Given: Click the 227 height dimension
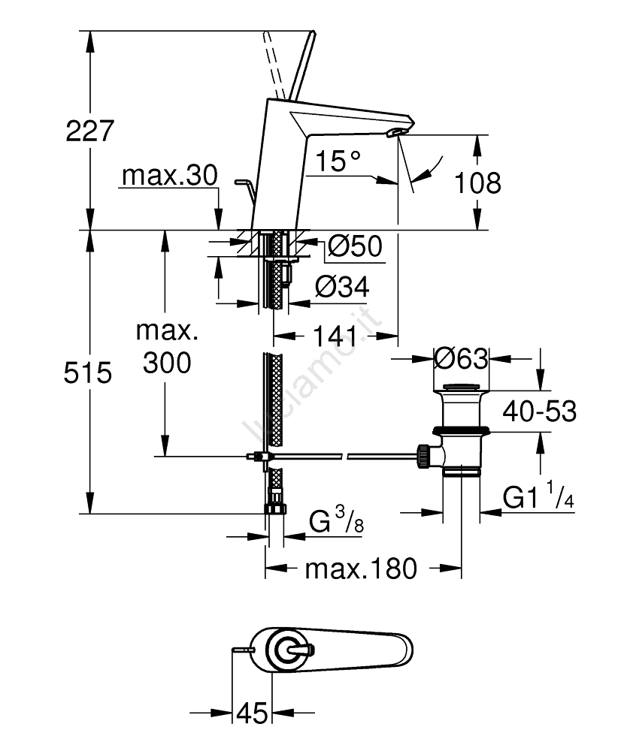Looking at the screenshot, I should pos(89,131).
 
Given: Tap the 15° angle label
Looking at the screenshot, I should pos(338,160).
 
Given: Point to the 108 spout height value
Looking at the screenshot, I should pos(479,182).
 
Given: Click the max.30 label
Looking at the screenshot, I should pos(169,176).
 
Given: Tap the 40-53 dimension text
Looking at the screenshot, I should pos(540,411).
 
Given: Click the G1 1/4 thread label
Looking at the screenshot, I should pos(538,497).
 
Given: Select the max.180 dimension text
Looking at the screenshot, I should pos(360,569).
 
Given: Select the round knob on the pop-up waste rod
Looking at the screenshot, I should pos(424,455).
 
